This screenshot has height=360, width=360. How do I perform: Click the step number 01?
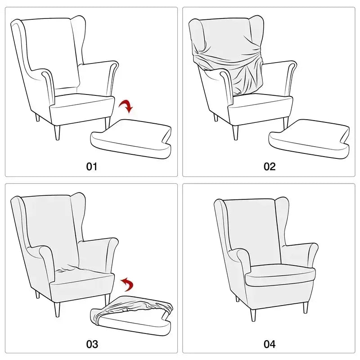[91, 166]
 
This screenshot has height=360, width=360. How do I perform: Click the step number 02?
[269, 166]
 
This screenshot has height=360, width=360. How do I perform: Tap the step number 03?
[91, 344]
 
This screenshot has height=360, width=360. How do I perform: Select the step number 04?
[269, 344]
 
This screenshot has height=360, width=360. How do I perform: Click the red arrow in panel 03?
[128, 284]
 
